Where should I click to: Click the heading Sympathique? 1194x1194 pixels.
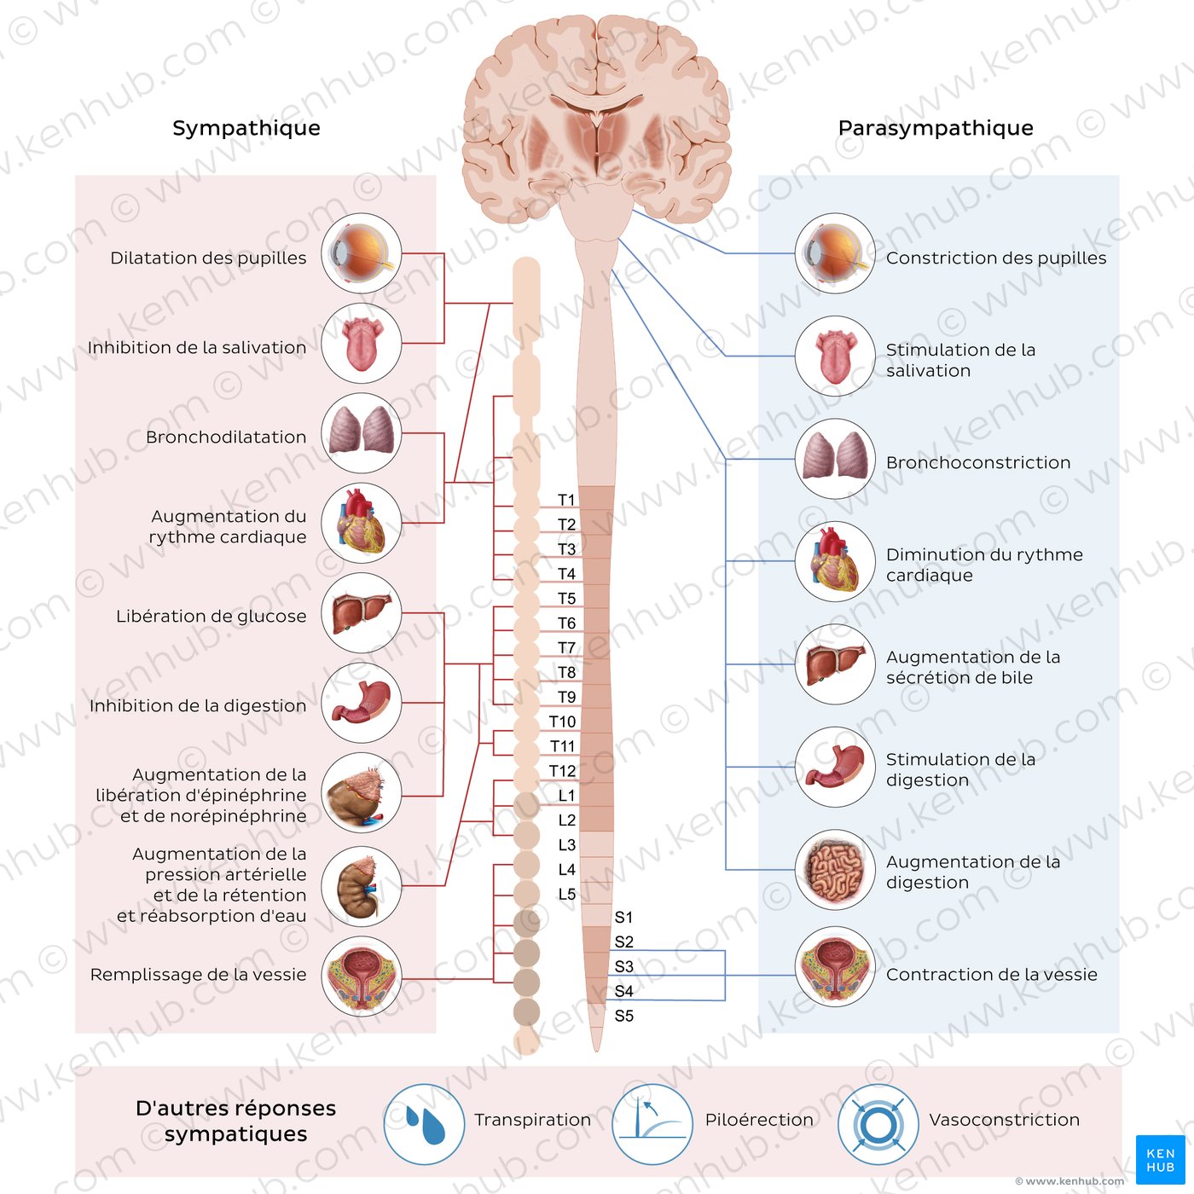[x=246, y=128]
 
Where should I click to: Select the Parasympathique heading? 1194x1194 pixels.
[x=936, y=128]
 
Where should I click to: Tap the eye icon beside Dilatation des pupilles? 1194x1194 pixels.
[x=362, y=252]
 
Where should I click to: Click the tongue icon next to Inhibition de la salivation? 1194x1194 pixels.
[x=362, y=343]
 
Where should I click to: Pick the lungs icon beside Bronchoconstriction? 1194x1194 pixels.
[x=835, y=459]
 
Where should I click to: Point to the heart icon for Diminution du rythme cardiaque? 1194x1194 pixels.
[x=835, y=561]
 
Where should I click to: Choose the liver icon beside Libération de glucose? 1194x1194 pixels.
[x=362, y=613]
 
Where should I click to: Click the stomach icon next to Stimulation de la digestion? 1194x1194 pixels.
[x=835, y=767]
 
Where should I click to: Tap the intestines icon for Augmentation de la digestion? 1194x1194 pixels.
[x=835, y=870]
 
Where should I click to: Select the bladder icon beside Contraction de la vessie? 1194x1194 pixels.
[x=835, y=967]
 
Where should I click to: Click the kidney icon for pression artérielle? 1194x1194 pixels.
[x=362, y=887]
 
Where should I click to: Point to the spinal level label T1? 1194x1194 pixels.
[x=566, y=500]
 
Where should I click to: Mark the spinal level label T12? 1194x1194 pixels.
[x=562, y=771]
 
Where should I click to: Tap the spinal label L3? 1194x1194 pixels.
[x=567, y=844]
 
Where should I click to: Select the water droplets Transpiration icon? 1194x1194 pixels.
[x=425, y=1124]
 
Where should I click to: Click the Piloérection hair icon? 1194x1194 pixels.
[x=652, y=1124]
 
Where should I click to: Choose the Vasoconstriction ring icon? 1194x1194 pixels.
[x=878, y=1124]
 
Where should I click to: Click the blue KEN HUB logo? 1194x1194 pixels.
[x=1161, y=1160]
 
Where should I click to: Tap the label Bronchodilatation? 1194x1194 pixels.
[x=226, y=438]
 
